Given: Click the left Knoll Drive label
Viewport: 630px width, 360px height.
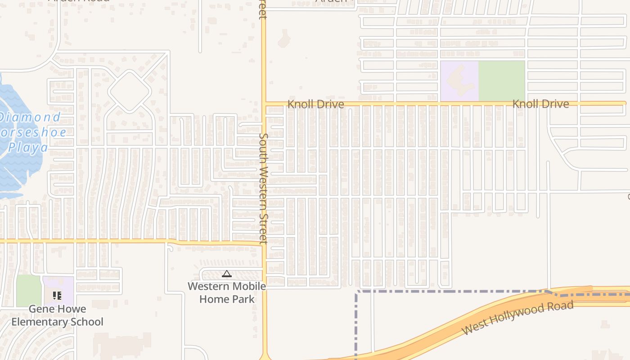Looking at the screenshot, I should [x=315, y=104].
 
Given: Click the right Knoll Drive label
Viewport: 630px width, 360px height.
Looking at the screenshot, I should [x=540, y=104].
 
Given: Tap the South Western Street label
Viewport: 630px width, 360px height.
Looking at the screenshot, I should [x=264, y=188].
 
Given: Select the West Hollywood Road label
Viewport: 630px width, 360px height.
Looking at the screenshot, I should [x=517, y=318].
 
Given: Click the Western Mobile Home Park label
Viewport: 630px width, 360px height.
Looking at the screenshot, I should [x=227, y=292].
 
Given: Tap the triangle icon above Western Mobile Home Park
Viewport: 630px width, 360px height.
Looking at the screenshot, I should [x=227, y=274].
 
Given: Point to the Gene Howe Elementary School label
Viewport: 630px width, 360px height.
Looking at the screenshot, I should [x=57, y=315].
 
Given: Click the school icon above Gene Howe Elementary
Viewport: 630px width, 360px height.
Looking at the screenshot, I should [x=57, y=296].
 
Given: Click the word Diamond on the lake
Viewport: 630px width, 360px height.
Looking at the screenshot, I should [x=30, y=118].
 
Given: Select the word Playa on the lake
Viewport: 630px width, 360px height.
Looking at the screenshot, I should [x=28, y=148].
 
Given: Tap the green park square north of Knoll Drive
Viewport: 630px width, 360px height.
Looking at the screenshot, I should [x=501, y=81].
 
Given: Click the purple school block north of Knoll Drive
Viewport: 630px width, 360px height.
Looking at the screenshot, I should [x=459, y=81].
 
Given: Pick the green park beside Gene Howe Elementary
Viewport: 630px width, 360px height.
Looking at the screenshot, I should [x=29, y=291].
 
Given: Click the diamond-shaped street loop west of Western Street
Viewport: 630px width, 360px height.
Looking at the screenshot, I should [x=129, y=91].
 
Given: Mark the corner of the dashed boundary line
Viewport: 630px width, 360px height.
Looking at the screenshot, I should [x=356, y=292].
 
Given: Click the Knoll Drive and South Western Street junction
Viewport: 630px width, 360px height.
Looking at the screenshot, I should [x=264, y=103].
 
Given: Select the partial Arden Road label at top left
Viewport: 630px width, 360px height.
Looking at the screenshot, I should [x=79, y=1].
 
